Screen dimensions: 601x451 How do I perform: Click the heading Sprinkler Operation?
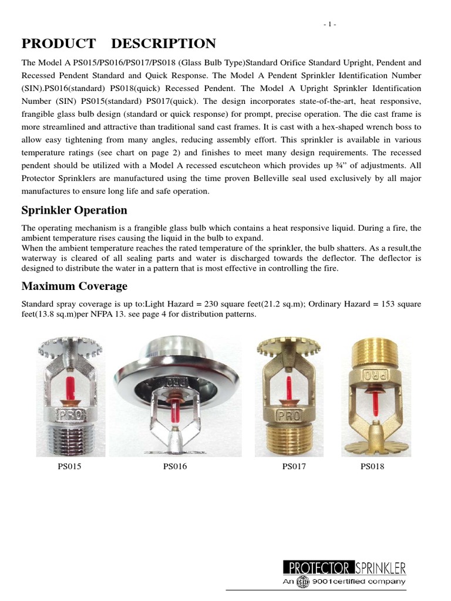click(74, 210)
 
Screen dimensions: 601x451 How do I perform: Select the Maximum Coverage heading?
click(74, 286)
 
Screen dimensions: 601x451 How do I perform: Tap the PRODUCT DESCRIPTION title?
click(119, 43)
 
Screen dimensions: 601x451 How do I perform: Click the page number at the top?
click(330, 24)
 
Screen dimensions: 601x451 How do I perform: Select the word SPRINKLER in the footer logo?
click(381, 568)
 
